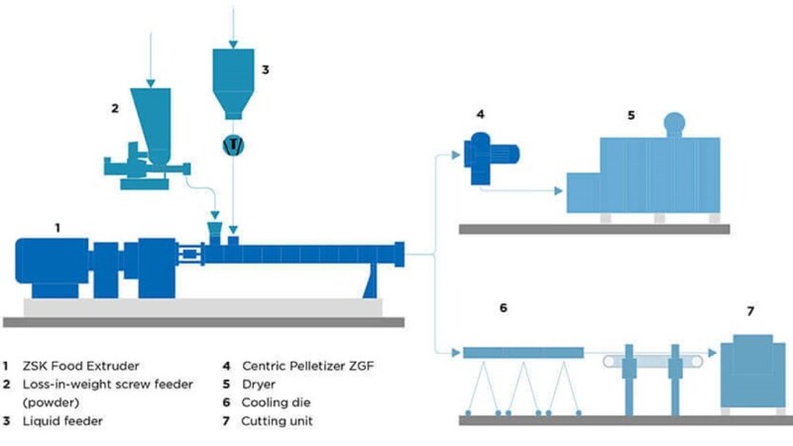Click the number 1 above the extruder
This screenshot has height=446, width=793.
(57, 227)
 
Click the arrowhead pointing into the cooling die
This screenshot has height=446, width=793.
(457, 353)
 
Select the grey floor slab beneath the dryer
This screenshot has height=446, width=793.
(594, 229)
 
